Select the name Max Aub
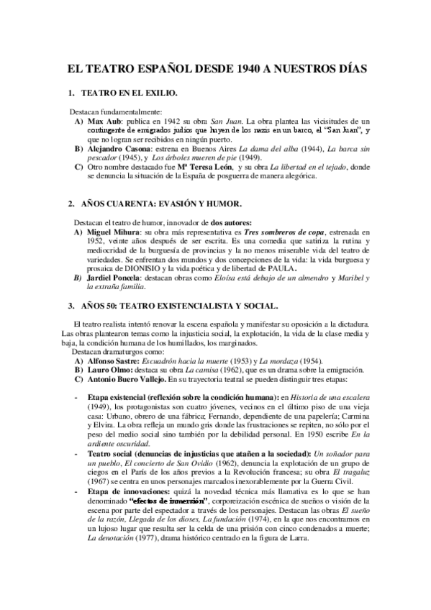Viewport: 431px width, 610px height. pyautogui.click(x=101, y=122)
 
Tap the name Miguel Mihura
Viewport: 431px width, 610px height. pyautogui.click(x=114, y=233)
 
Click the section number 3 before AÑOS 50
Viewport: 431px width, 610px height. pyautogui.click(x=70, y=306)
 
